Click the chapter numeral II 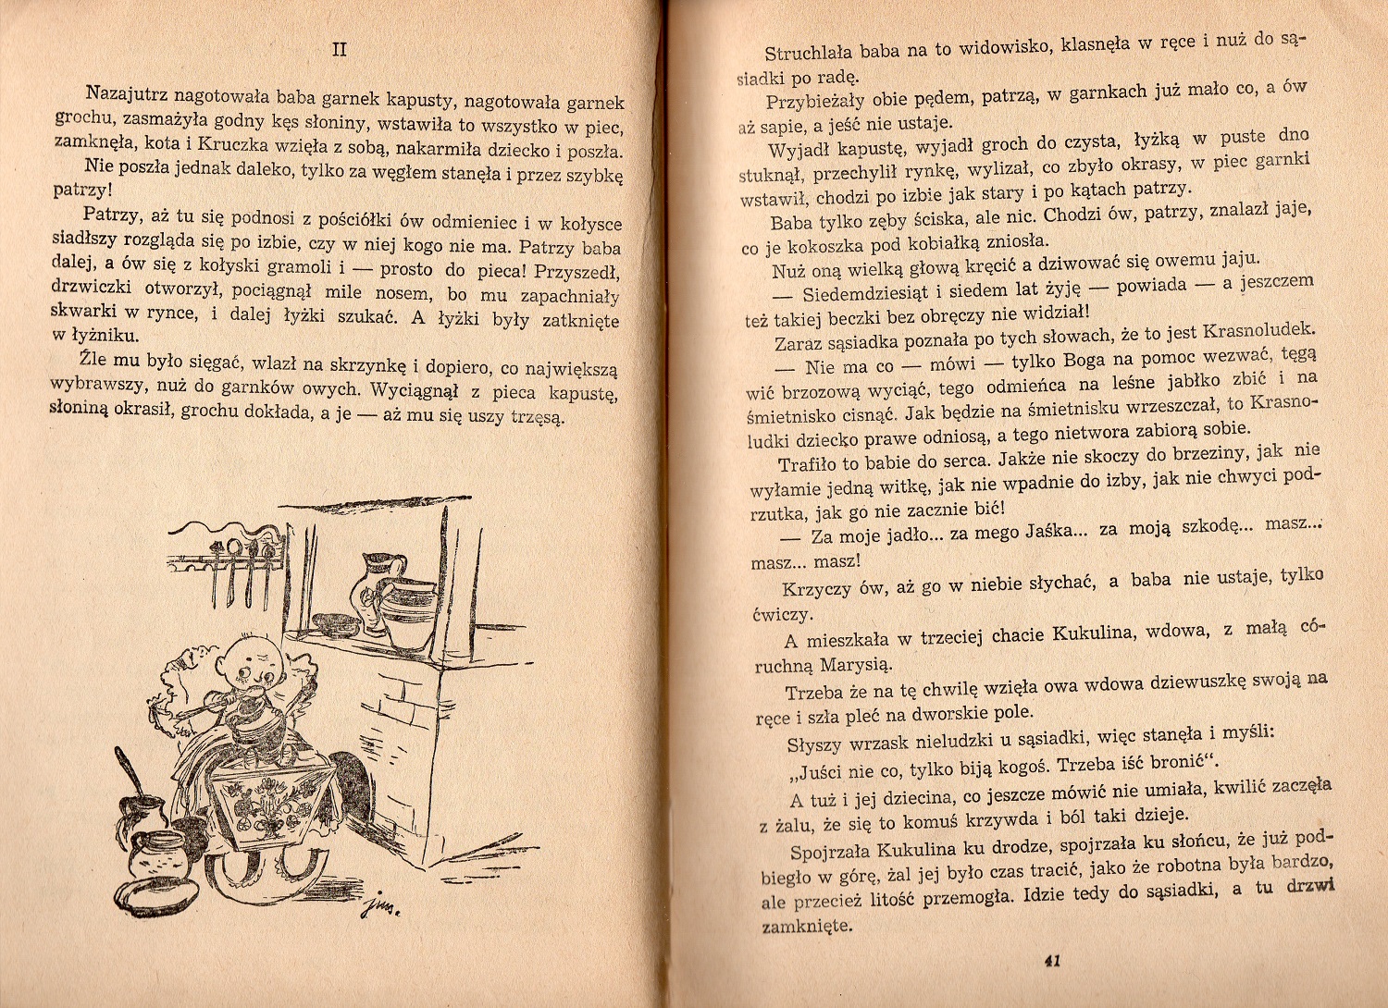pyautogui.click(x=339, y=49)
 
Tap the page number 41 pyautogui.click(x=1051, y=961)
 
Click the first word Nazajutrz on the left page pyautogui.click(x=128, y=93)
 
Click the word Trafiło pyautogui.click(x=808, y=463)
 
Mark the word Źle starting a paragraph pyautogui.click(x=93, y=357)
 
